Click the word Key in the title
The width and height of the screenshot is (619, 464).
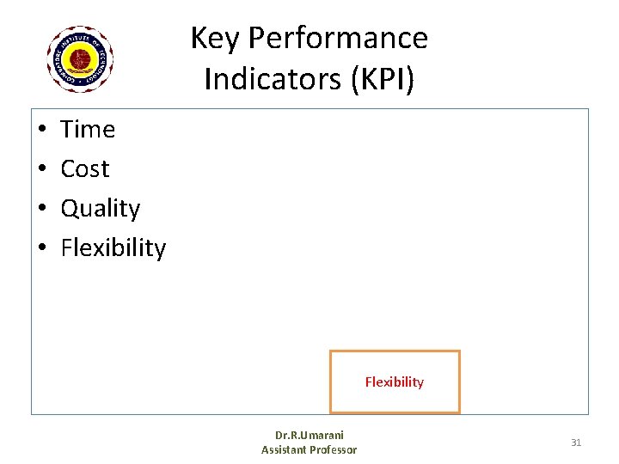click(x=211, y=39)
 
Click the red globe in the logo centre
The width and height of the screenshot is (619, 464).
click(x=81, y=59)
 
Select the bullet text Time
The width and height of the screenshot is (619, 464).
click(x=88, y=130)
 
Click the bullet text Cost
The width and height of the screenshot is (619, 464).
click(x=85, y=169)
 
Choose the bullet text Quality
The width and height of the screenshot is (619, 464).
click(x=101, y=209)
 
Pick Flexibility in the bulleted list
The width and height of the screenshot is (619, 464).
click(x=113, y=248)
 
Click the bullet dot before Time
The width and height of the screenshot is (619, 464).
click(x=41, y=131)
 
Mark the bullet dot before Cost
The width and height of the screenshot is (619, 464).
click(x=41, y=170)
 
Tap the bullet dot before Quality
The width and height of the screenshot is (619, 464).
click(x=41, y=210)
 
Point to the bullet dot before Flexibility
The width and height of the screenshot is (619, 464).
click(x=41, y=249)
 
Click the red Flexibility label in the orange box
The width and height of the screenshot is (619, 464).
click(x=395, y=382)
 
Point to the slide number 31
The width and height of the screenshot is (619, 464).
click(x=576, y=443)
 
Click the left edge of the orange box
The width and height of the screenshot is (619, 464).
click(x=332, y=382)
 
